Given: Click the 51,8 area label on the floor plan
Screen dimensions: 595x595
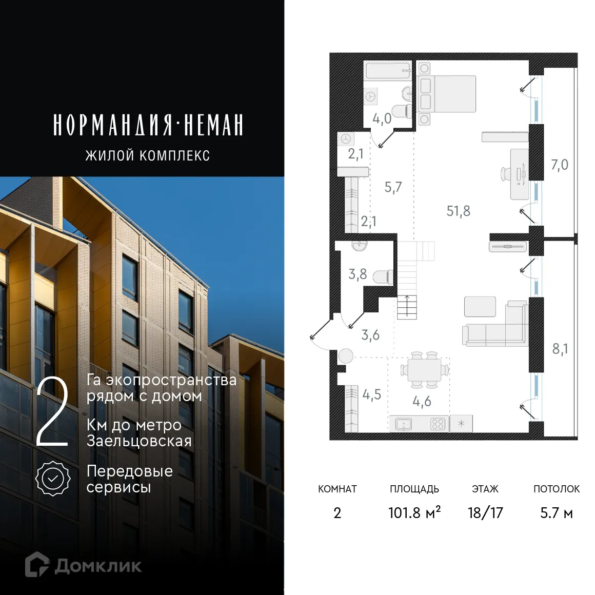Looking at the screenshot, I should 458,211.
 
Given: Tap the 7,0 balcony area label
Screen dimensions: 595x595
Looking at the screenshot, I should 559,165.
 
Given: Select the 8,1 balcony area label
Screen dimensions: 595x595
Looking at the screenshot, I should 560,349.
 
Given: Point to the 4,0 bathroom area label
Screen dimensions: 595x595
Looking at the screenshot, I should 382,119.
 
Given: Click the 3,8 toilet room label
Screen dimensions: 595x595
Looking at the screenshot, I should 358,274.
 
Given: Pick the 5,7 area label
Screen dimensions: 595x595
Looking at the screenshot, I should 393,187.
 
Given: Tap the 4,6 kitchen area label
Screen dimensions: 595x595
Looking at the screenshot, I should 422,401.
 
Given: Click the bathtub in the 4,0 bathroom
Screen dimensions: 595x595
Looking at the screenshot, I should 388,70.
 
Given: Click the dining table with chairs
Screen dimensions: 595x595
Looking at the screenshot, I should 424,369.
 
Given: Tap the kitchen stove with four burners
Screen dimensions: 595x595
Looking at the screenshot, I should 438,424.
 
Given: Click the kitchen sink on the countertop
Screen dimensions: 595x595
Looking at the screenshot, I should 403,424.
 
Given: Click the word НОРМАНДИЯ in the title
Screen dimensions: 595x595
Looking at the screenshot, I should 112,125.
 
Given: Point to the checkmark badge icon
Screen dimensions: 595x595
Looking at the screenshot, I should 53,478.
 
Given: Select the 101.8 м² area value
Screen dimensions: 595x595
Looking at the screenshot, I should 414,512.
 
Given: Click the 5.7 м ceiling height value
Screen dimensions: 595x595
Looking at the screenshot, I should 556,512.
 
